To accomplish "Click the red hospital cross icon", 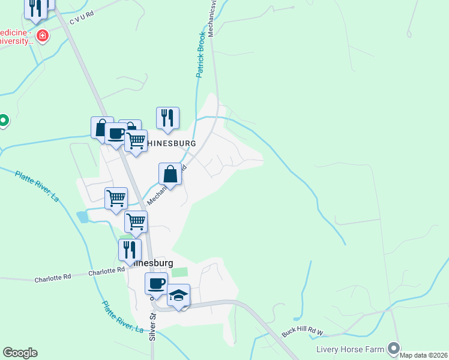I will click(43, 36).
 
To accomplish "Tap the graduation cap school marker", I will click(178, 295).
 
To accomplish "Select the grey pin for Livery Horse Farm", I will click(394, 348).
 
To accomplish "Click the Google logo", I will click(20, 353).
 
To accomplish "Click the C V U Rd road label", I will click(82, 19).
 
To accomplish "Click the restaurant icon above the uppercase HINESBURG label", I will click(167, 118).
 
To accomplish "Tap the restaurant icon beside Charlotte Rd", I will click(130, 250).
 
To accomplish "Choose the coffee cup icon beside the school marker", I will click(156, 284).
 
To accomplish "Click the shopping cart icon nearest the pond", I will click(116, 198).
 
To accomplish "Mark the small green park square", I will click(179, 272).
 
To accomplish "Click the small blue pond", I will click(82, 217).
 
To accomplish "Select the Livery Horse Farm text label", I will click(350, 349).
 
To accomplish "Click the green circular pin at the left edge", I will click(3, 121).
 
